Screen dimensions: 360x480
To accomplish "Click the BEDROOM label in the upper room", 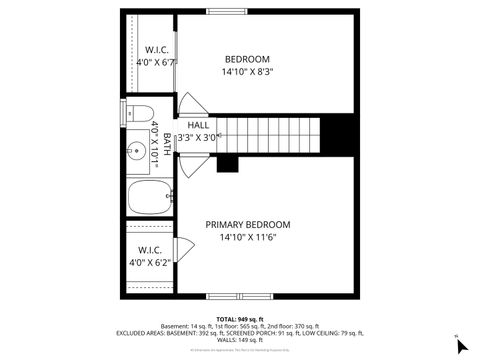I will tap(247, 59).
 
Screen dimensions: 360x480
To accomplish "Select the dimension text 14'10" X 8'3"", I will tap(247, 72).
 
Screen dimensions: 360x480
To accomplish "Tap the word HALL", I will tap(198, 125).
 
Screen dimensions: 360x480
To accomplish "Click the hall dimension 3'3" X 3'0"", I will tap(198, 138).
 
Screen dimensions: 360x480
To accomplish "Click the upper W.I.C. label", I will tap(156, 49).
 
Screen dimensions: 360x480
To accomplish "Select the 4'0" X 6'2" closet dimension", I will tap(150, 262).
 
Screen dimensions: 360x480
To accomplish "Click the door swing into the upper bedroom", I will tap(191, 104).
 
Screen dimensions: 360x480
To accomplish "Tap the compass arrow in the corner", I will tap(461, 345).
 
